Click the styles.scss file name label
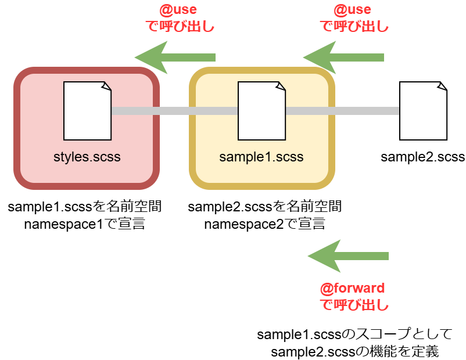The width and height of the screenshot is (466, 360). coord(87,157)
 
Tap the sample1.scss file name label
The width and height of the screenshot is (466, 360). coord(261,157)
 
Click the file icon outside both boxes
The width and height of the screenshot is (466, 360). coord(423,111)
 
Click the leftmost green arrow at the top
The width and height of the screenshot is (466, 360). coord(175,57)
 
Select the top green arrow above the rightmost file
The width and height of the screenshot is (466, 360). coord(343,57)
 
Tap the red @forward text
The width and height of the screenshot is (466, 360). coord(352,288)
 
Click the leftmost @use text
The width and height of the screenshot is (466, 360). coord(178,10)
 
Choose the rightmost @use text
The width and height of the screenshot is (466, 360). coord(352,10)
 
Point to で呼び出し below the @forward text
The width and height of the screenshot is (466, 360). coord(354,304)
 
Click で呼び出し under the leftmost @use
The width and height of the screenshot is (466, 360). coord(180,26)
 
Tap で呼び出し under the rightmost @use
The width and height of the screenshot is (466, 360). coord(354,26)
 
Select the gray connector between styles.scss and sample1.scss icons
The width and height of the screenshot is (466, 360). coord(174,111)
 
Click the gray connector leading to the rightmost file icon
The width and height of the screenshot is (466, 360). coord(343,111)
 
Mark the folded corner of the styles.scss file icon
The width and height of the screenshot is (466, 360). coord(106,86)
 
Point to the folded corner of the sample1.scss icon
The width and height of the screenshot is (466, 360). coord(281,86)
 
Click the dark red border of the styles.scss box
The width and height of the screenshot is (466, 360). coord(17,128)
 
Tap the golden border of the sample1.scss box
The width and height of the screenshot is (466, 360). coord(192,128)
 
